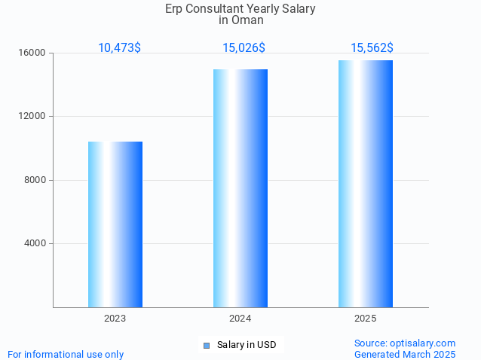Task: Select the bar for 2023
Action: [x=115, y=224]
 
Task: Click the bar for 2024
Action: [x=240, y=188]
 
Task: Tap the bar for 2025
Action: [x=366, y=184]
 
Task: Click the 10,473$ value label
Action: [x=119, y=47]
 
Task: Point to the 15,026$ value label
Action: [x=244, y=47]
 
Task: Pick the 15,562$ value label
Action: [x=372, y=47]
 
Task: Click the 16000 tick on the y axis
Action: [x=33, y=53]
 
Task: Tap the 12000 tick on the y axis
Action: [x=33, y=116]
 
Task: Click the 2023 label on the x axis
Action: [x=115, y=319]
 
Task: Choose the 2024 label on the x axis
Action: [x=240, y=319]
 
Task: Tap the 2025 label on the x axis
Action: [x=366, y=319]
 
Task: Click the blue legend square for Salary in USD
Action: [x=206, y=346]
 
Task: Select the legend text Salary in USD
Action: [x=247, y=345]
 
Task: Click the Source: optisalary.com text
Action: [x=405, y=343]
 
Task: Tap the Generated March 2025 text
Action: [x=405, y=354]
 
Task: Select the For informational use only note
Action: [x=66, y=354]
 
